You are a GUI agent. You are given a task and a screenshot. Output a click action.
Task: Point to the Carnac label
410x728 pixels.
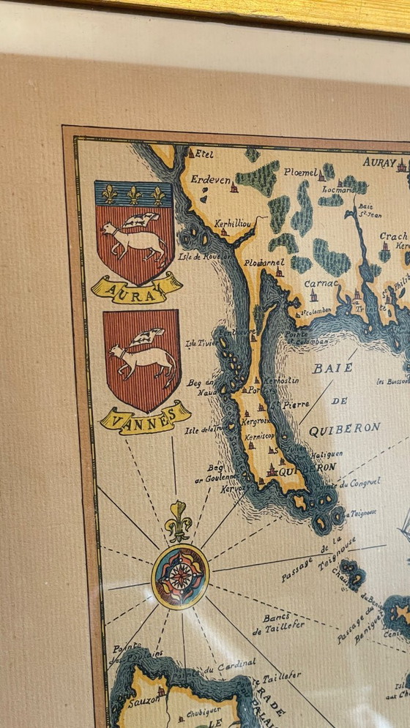pyautogui.click(x=321, y=284)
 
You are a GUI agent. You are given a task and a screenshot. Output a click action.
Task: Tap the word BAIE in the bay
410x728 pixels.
pyautogui.click(x=333, y=368)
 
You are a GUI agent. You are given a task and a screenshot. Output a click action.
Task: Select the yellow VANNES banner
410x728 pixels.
pyautogui.click(x=145, y=419)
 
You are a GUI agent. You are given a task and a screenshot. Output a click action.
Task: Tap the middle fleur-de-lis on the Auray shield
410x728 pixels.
pyautogui.click(x=134, y=195)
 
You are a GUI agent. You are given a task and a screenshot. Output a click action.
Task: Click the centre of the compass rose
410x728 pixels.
pyautogui.click(x=180, y=577)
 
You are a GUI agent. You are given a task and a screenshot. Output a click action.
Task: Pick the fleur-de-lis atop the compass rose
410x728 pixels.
pyautogui.click(x=179, y=522)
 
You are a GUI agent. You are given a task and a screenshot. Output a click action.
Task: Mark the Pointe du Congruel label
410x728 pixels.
pyautogui.click(x=354, y=482)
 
